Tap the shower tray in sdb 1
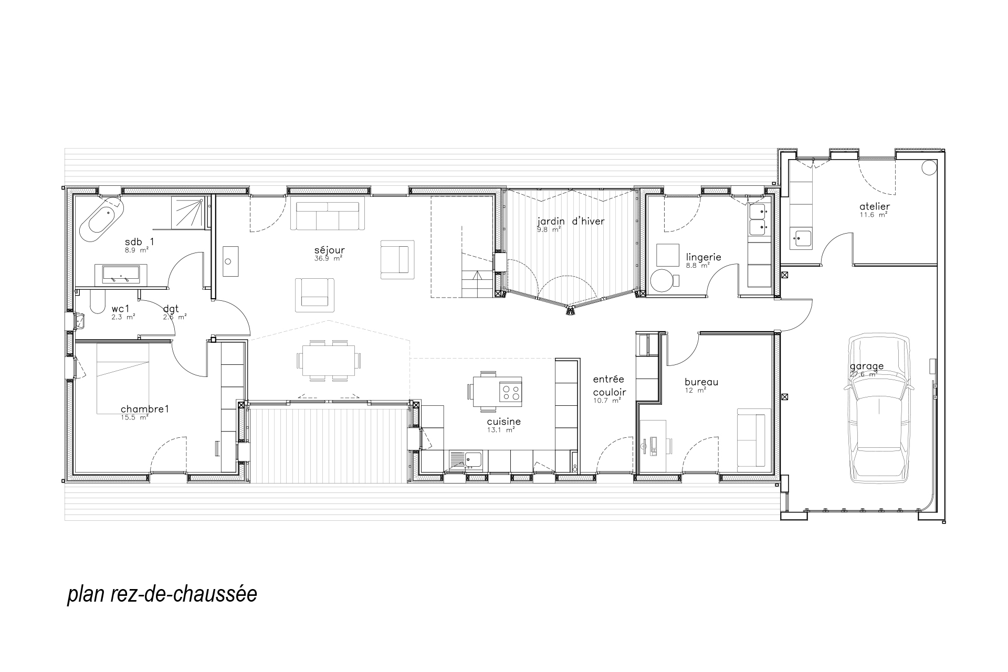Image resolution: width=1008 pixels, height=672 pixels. [189, 213]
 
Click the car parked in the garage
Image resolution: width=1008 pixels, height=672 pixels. [879, 407]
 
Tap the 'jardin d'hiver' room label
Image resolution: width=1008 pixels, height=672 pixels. [571, 222]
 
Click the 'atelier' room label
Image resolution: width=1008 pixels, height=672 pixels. [875, 207]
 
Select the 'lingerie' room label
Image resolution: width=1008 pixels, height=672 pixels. [703, 258]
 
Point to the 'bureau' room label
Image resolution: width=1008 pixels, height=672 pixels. [701, 382]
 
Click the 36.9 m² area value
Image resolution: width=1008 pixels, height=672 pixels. [328, 258]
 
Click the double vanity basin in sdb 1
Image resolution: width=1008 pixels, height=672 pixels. [121, 274]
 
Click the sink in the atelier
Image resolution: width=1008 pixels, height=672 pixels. [801, 239]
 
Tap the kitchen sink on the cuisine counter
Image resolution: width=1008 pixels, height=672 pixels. [466, 459]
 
